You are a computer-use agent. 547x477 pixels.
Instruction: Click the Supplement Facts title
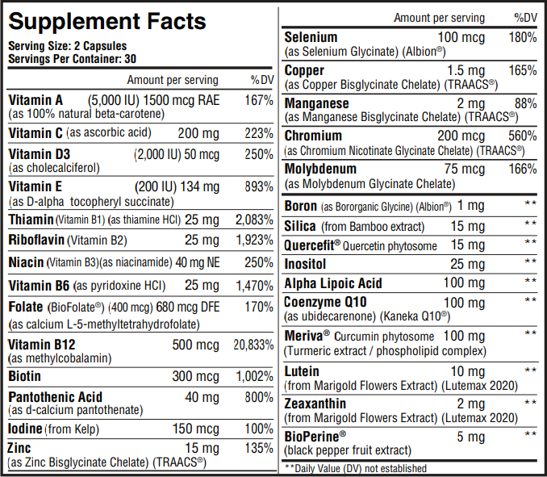[107, 21]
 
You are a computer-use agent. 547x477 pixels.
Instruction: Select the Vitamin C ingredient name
[35, 132]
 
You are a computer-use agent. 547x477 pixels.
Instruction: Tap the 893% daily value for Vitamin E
[258, 186]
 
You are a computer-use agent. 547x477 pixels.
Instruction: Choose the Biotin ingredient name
[25, 376]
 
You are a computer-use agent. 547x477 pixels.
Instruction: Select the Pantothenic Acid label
[56, 397]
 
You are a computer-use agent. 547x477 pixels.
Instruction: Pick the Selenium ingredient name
[311, 37]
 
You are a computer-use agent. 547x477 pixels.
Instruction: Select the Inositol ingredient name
[306, 264]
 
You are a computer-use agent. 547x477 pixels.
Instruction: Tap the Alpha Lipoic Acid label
[333, 283]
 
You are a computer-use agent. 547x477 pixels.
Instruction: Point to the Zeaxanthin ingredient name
[315, 404]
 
